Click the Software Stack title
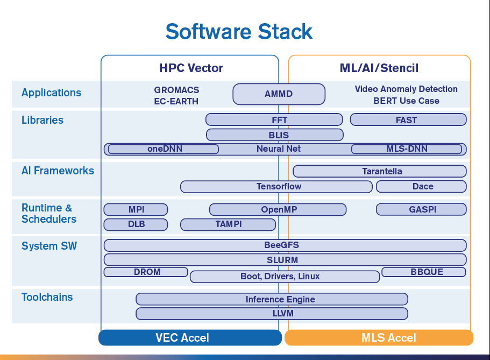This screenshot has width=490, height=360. coord(239,32)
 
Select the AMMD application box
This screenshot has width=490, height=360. coord(279,94)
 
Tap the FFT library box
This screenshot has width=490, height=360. coord(274,120)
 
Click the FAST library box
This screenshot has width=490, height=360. coord(408,120)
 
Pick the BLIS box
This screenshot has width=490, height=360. coord(275,135)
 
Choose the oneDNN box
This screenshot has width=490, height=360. coord(163,149)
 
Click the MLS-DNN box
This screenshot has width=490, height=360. coord(407,149)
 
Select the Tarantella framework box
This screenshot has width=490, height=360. coord(380,171)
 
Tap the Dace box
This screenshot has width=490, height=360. coord(421,186)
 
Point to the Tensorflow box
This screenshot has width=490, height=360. coord(276,186)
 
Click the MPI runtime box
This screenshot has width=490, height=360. coord(136,209)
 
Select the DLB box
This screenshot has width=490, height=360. coord(136,224)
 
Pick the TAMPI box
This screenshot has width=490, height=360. coord(228,224)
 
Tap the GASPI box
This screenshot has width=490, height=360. coord(421,209)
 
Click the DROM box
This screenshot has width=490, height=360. coord(146,272)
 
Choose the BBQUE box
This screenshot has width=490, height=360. coord(424,272)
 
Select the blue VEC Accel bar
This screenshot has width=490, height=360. coord(190,337)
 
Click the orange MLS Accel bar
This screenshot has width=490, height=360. coord(379,337)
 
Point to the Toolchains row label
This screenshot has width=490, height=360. coord(47,297)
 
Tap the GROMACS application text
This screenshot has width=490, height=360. coord(176,90)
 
